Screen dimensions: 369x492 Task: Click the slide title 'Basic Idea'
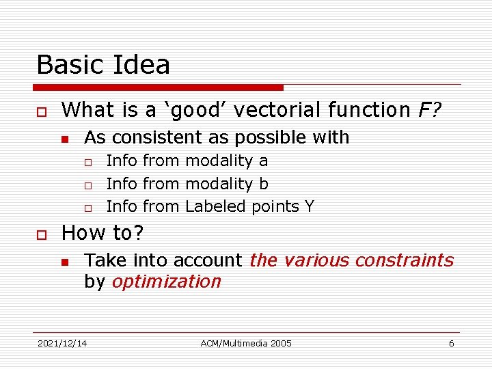[103, 65]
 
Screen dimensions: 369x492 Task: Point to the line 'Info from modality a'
[187, 161]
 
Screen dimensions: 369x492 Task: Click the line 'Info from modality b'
[187, 184]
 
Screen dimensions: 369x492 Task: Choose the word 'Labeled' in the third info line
[217, 206]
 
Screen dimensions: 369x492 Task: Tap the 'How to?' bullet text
[103, 233]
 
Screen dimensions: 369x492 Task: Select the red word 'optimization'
[166, 282]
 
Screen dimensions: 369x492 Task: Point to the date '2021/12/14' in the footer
[62, 343]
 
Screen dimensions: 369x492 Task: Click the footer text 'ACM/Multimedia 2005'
[246, 343]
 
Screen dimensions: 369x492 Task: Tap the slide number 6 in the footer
[451, 343]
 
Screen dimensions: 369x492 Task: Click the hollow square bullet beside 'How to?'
[42, 234]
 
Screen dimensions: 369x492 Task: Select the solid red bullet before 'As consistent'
[65, 139]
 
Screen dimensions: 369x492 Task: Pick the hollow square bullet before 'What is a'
[42, 111]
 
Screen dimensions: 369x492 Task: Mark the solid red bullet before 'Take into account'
[65, 262]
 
